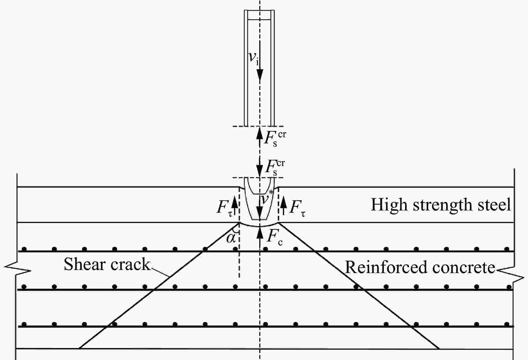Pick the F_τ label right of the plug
[x=297, y=208]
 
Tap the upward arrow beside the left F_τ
[x=235, y=205]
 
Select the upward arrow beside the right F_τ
[x=284, y=205]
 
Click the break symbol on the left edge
[x=17, y=270]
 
